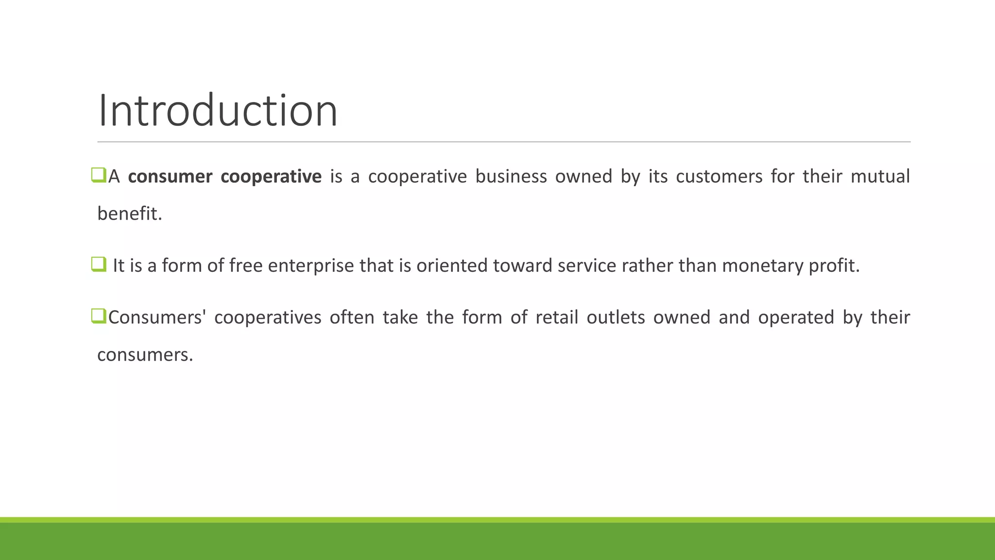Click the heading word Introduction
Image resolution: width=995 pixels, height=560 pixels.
point(218,111)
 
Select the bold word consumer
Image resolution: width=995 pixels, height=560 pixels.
point(170,176)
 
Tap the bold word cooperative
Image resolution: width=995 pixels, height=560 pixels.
point(271,176)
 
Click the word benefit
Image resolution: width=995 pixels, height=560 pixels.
point(129,214)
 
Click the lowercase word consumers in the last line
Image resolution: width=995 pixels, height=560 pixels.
point(145,355)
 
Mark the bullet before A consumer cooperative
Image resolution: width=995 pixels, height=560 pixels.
point(98,175)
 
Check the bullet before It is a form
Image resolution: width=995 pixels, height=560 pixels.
point(98,264)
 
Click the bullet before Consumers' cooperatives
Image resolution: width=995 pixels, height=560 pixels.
point(98,316)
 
